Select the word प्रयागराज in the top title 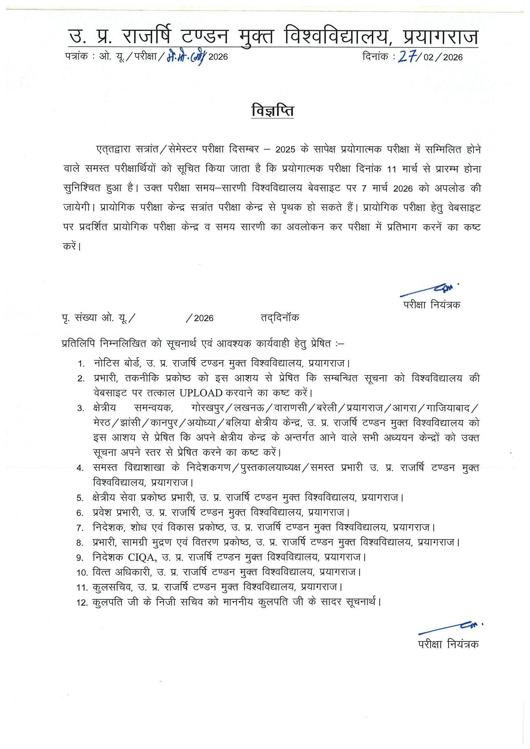441,37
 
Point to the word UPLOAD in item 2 201,393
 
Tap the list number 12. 82,603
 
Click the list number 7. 80,527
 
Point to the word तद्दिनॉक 280,318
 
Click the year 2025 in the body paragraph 285,150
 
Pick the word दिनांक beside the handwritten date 375,57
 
